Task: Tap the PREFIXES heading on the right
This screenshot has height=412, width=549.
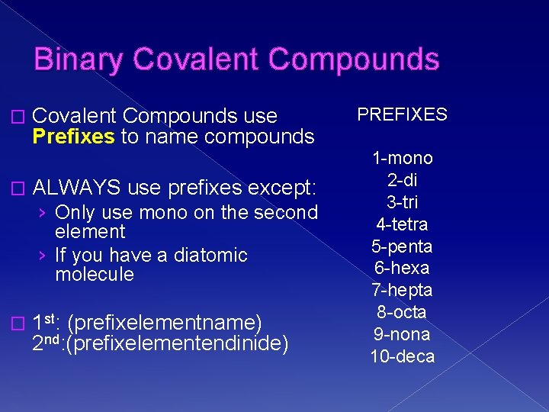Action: [402, 114]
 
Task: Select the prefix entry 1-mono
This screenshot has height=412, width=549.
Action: [402, 158]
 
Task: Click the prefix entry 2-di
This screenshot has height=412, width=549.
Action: [402, 180]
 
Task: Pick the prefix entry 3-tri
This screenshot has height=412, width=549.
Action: [402, 202]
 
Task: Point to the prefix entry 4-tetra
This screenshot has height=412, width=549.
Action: [402, 224]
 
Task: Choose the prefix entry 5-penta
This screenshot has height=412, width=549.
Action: [402, 246]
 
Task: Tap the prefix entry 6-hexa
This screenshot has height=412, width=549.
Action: [402, 269]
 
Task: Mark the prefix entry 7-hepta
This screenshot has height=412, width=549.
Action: [402, 291]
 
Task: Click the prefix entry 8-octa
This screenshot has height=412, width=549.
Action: [402, 312]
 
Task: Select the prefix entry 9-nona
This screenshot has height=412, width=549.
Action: [402, 334]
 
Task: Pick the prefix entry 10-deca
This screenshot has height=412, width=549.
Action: [402, 356]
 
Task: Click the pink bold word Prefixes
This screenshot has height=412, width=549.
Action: [73, 137]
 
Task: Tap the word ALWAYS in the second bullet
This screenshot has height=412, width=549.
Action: [77, 187]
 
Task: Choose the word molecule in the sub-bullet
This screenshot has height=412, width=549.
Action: [95, 274]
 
